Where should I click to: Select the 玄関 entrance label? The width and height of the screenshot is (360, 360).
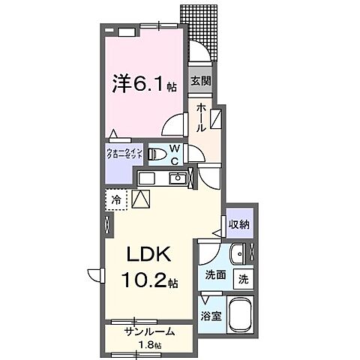199,82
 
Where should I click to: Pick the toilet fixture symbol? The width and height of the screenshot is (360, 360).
158,154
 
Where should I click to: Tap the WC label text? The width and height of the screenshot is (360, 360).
173,154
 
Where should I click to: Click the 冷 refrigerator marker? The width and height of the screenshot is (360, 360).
116,200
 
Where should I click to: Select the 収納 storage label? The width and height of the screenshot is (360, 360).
240,223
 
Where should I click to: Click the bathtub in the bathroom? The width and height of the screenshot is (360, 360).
241,316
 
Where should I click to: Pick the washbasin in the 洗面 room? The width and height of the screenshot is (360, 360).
238,253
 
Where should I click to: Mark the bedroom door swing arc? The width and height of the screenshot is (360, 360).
175,124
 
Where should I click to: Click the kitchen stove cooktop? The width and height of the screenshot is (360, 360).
146,178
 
